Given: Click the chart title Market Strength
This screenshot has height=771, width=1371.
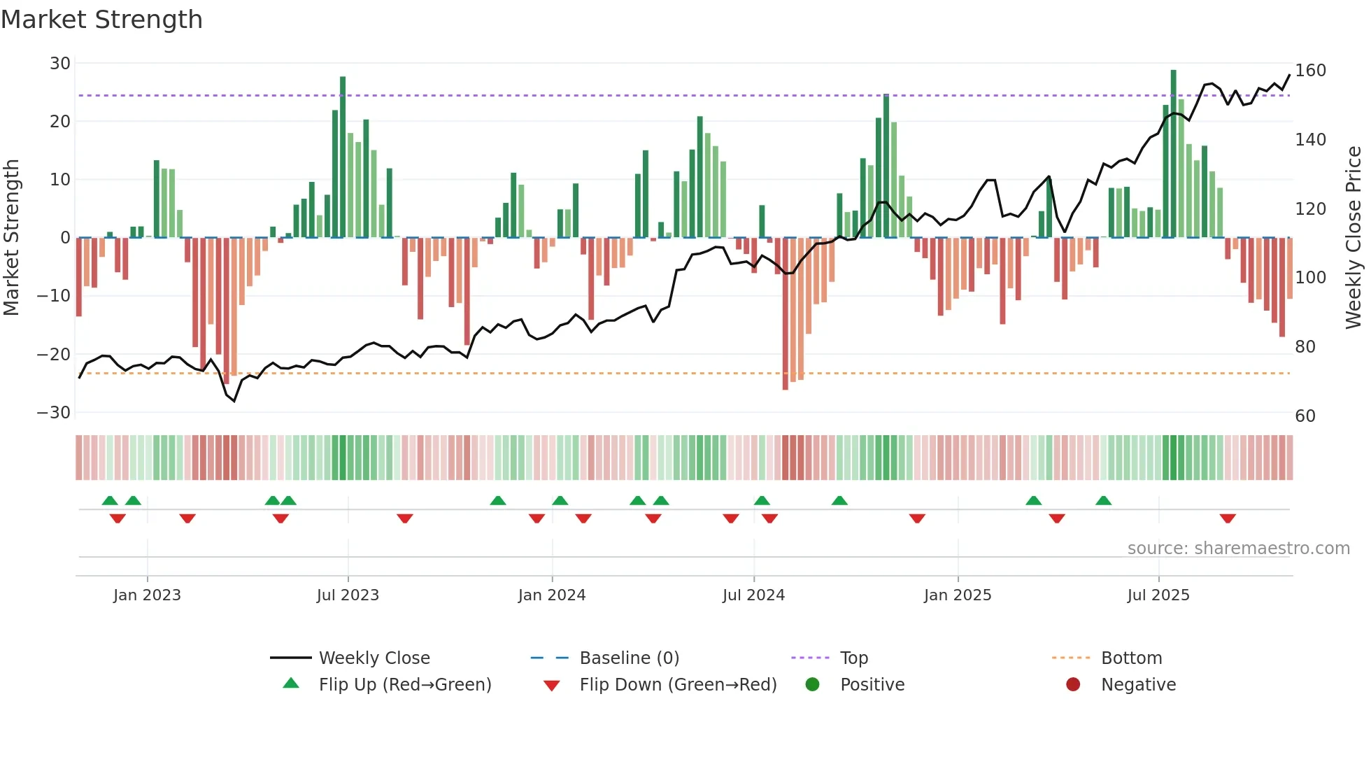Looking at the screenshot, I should pos(101,20).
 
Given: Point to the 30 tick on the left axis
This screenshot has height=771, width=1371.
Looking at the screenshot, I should pos(60,64).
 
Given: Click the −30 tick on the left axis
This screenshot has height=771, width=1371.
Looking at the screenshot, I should pos(54,412).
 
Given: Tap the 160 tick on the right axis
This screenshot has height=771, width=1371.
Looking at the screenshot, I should pos(1310,71).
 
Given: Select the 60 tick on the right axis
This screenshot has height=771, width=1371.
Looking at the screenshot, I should pos(1305,416).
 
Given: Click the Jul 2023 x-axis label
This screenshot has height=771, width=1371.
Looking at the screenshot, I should pos(348,595).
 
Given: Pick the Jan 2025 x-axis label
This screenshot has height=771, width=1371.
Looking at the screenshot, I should pos(957,595).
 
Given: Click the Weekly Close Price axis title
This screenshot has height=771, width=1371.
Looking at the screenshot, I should pos(1354,238).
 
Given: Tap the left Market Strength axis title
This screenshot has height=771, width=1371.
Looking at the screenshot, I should pos(11,238).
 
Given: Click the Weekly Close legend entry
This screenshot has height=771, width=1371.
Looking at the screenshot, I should pos(374,658).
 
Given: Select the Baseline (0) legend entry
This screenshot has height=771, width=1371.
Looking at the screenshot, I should pos(629,658).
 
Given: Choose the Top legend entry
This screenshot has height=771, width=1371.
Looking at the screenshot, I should pos(853,658).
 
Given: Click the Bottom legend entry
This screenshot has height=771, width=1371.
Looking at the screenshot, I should pos(1131,658).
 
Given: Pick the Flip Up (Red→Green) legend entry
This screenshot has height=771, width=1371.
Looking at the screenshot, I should pos(404,685).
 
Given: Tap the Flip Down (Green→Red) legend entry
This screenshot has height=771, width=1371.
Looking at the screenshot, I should pos(677,685).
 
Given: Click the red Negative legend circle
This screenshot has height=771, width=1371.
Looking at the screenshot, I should pos(1073,684).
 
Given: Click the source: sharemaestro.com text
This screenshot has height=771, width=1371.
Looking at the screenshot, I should pos(1238,549).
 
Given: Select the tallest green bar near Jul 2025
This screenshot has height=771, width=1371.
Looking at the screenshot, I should pos(1173,154).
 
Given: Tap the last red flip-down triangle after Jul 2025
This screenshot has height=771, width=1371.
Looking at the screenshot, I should pos(1227,518).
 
